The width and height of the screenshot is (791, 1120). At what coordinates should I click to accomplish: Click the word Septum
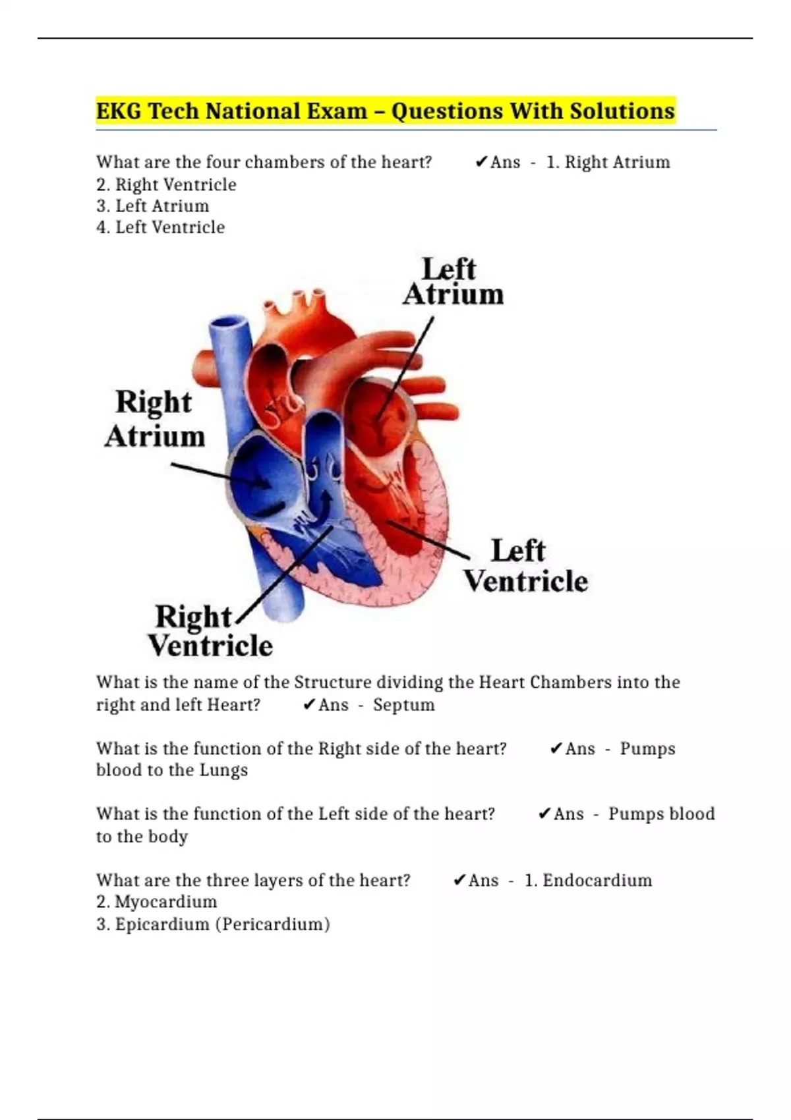[403, 705]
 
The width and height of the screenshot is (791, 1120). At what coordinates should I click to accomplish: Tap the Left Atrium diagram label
[453, 282]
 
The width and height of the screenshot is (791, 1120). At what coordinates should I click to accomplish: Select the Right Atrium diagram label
[154, 419]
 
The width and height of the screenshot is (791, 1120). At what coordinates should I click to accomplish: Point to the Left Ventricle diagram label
[525, 566]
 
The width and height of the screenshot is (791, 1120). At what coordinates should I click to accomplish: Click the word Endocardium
[597, 880]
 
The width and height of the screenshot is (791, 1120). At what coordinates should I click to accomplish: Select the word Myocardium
[165, 902]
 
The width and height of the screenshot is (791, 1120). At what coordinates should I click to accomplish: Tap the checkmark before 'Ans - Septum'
[309, 705]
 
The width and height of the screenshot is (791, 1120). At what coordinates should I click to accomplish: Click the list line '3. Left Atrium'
[153, 206]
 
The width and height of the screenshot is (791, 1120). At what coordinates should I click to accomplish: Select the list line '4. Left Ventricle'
[161, 227]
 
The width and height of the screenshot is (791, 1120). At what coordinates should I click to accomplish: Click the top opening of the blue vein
[229, 325]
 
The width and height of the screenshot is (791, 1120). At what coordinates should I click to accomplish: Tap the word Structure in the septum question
[332, 682]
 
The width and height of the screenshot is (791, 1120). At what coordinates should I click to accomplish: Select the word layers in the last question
[278, 880]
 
